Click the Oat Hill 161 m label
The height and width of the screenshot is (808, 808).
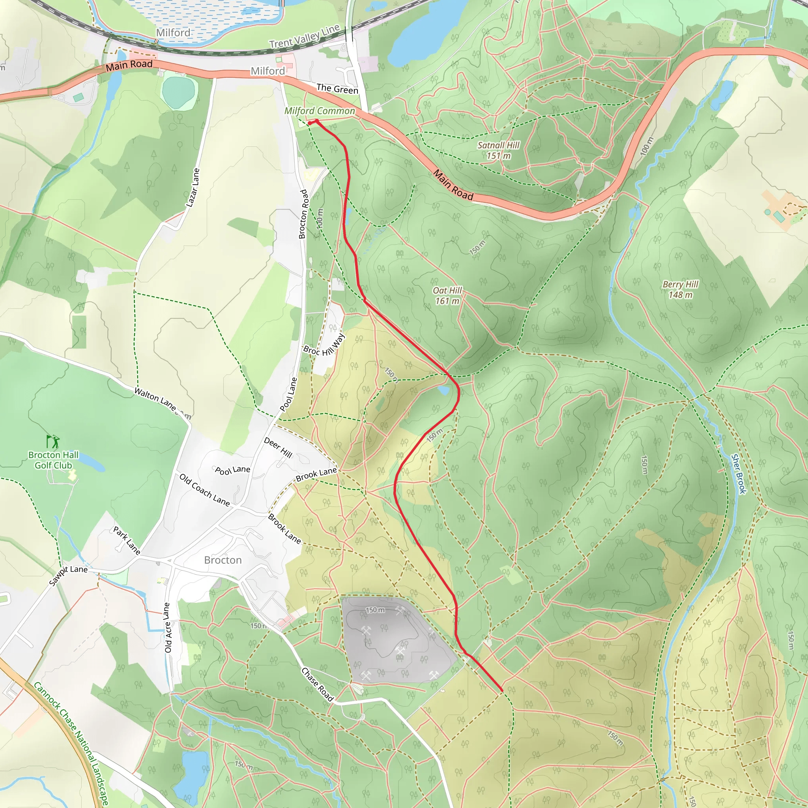[x=447, y=296]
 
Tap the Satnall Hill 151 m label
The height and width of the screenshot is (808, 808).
[x=499, y=150]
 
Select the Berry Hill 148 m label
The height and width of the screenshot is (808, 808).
[x=681, y=290]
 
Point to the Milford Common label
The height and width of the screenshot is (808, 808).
[x=320, y=111]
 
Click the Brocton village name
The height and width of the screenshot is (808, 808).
[x=223, y=560]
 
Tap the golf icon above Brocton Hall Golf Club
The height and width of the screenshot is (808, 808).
[x=53, y=441]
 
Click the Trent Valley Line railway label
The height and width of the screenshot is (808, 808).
[x=304, y=36]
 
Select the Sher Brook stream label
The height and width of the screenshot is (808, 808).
[x=739, y=474]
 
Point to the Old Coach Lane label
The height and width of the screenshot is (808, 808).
[x=204, y=490]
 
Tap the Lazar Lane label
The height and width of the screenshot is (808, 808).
[x=193, y=188]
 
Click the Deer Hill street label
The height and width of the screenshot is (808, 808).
[x=278, y=447]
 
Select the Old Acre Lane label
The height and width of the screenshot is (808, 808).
[x=167, y=627]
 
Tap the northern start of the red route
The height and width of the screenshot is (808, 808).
[x=309, y=123]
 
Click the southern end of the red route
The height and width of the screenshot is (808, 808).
[x=501, y=690]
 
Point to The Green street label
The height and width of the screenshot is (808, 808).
[x=337, y=89]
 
